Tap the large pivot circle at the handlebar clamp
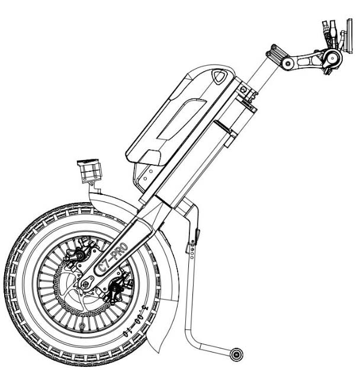click(333, 57)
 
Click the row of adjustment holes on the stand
click(194, 252)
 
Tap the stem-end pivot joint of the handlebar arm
click(287, 63)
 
